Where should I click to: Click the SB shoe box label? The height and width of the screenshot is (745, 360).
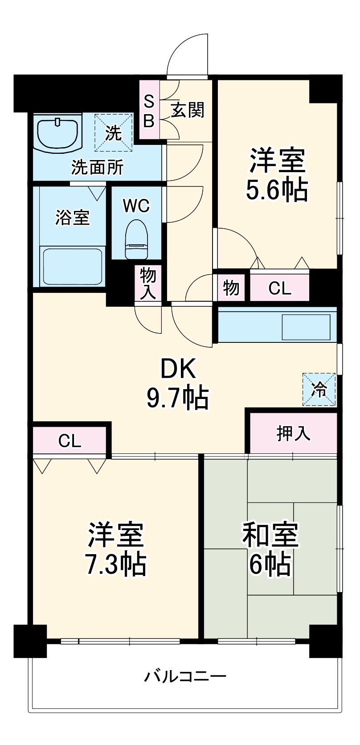(x=149, y=111)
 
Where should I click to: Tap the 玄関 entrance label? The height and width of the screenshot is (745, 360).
(x=188, y=110)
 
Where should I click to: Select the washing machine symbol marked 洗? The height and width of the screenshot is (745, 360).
(x=113, y=132)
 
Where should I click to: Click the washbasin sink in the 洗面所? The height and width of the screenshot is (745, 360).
(x=58, y=132)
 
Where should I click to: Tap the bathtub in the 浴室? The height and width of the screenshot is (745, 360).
(x=72, y=266)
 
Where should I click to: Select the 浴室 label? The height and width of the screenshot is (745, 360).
(x=72, y=217)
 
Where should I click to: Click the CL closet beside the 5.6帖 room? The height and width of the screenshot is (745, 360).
(x=279, y=288)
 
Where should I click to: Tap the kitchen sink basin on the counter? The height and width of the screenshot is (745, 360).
(x=306, y=327)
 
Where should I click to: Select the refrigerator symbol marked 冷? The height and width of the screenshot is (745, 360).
(x=319, y=390)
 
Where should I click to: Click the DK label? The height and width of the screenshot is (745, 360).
(x=178, y=369)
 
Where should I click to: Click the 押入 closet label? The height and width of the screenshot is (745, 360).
(x=293, y=432)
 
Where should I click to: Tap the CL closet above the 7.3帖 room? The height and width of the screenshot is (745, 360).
(x=70, y=441)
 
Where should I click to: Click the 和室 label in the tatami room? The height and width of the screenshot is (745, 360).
(x=270, y=535)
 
